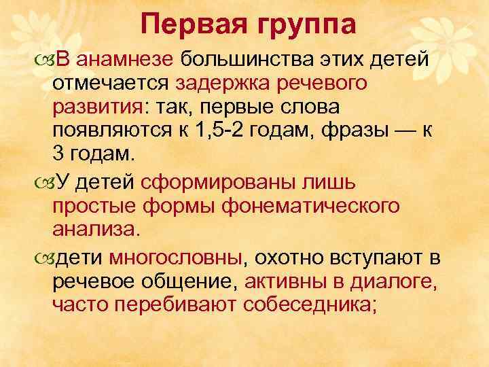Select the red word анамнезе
pyautogui.click(x=125, y=59)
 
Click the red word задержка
pyautogui.click(x=219, y=84)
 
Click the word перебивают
pyautogui.click(x=173, y=306)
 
